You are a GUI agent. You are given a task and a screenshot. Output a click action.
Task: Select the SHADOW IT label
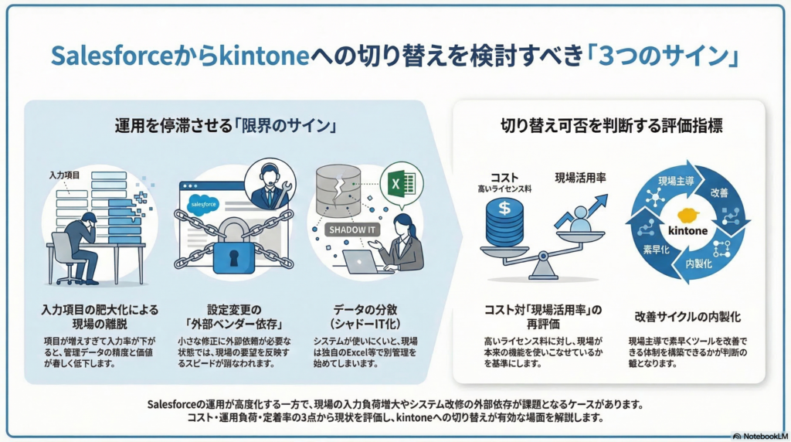point(351,230)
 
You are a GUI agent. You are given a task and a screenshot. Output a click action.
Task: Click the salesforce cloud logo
point(203,204)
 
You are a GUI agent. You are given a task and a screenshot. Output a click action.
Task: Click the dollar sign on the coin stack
point(504,207)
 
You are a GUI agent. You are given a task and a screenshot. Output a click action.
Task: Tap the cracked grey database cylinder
point(338,190)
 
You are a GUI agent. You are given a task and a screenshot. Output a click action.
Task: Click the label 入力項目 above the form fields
point(64,175)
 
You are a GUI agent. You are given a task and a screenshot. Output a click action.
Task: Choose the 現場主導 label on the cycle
point(676,181)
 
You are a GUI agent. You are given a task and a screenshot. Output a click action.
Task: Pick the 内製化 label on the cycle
point(699,263)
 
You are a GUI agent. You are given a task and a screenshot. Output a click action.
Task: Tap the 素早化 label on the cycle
point(656,250)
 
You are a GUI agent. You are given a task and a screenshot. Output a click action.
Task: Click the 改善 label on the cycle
point(719,192)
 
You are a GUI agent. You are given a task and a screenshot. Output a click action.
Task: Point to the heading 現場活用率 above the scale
point(581,178)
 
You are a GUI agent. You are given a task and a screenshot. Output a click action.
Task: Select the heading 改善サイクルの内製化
point(687,317)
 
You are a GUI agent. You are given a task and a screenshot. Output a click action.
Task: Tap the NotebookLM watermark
point(761,436)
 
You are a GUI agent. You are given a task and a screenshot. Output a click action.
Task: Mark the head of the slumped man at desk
point(89,220)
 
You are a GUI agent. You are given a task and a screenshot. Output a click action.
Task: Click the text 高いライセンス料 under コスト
point(504,189)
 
